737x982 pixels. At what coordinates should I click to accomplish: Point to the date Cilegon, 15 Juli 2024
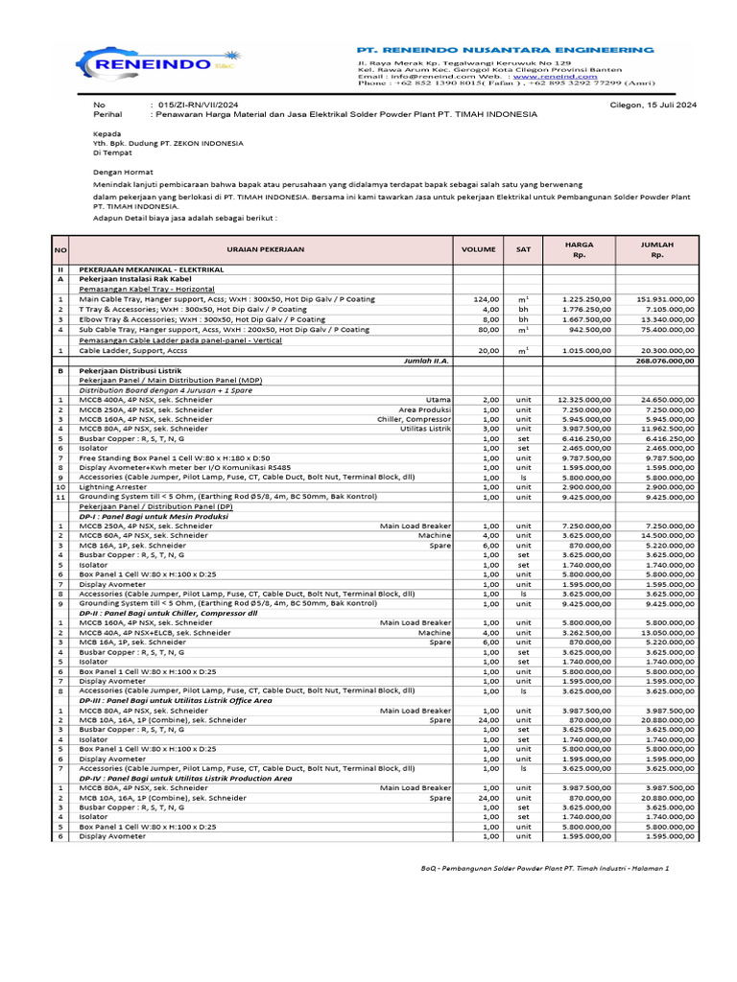[654, 104]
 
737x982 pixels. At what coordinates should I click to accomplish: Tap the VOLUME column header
[478, 249]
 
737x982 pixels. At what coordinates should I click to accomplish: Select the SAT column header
[522, 249]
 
